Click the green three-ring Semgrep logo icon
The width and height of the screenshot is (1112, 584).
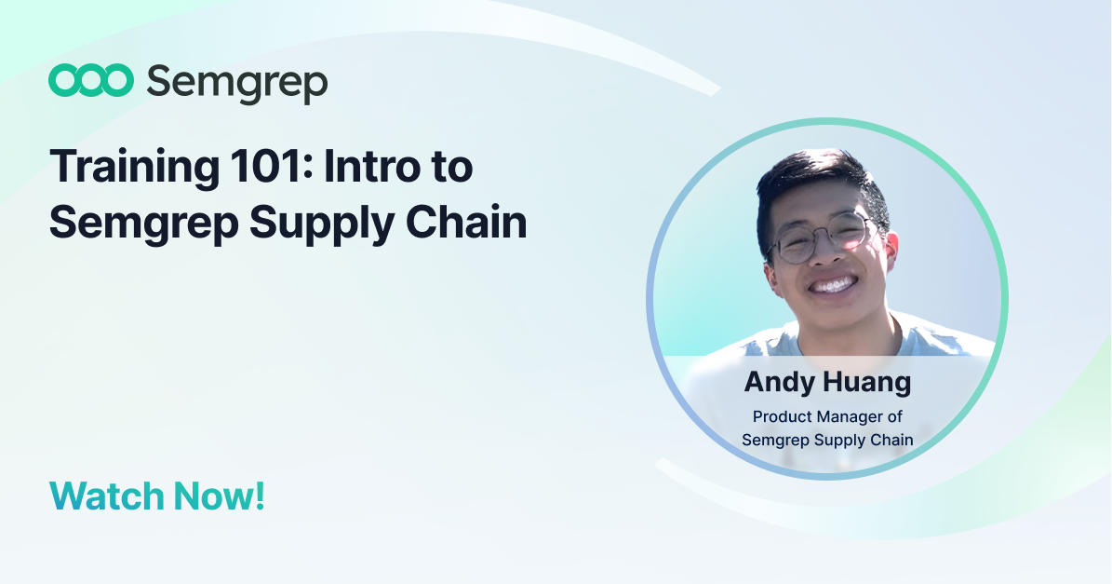tap(91, 80)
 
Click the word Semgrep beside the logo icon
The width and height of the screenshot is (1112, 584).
tap(237, 84)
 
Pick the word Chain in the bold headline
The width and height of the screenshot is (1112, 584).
tap(466, 222)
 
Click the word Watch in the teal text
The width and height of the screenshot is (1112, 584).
tap(106, 496)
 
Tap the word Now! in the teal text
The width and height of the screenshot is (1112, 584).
tap(220, 496)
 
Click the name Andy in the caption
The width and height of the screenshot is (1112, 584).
tap(780, 383)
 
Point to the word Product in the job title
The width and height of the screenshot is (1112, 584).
tap(779, 416)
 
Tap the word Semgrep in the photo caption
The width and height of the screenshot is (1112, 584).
tap(775, 441)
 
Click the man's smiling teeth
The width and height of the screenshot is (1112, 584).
tap(833, 285)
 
